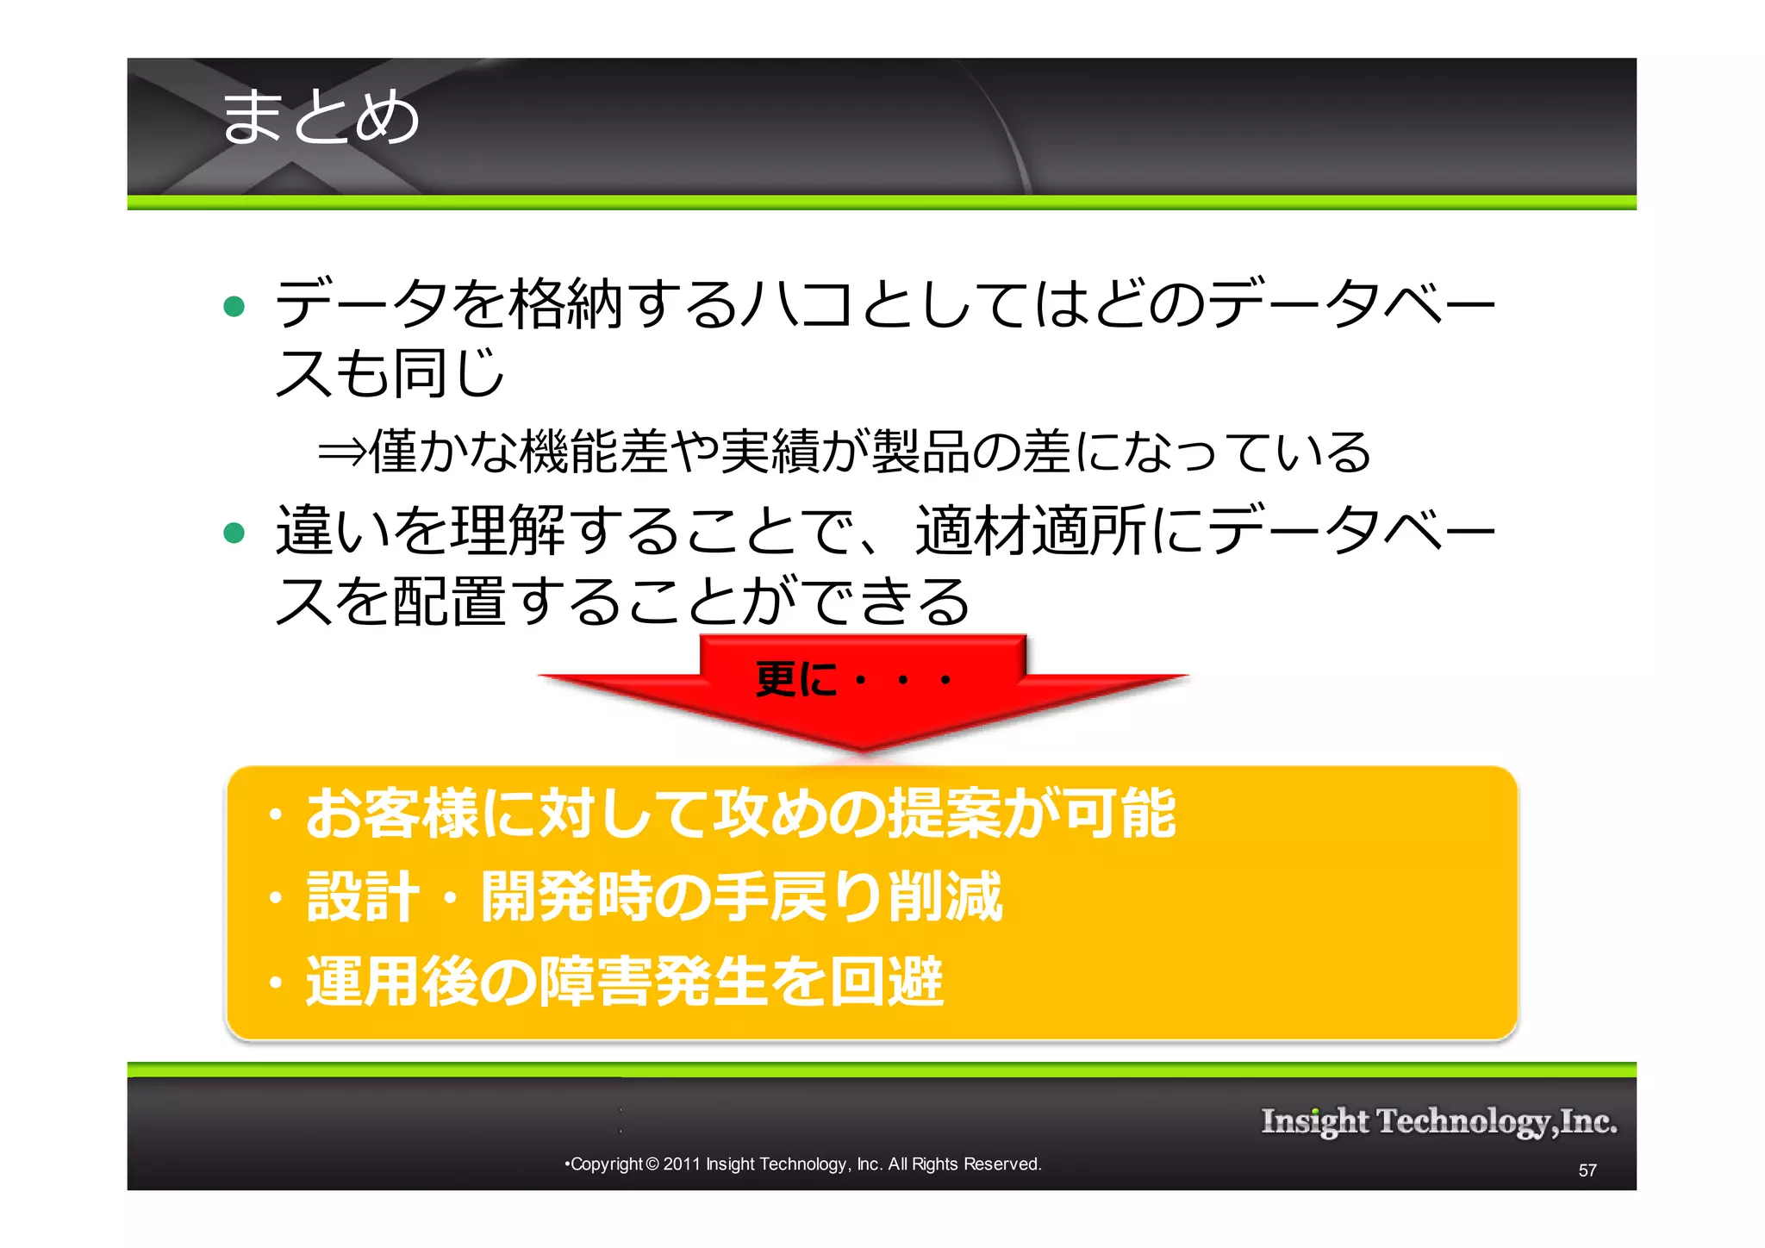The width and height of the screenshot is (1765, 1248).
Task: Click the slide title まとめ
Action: point(320,116)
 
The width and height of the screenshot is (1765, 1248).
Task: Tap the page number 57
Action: point(1587,1170)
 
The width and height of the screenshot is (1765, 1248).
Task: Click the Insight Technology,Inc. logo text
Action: point(1438,1121)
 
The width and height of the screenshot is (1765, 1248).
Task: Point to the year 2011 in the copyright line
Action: point(681,1164)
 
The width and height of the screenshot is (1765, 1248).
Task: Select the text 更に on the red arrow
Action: point(795,679)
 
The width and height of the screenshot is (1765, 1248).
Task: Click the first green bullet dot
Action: point(234,306)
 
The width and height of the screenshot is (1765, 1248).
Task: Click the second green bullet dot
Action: point(234,533)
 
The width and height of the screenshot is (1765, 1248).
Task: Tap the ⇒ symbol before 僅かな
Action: point(342,452)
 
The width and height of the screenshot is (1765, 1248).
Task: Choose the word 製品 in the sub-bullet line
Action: point(921,452)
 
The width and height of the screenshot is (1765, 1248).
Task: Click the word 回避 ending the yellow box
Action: point(887,981)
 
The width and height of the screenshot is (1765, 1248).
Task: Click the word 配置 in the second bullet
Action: point(450,601)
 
